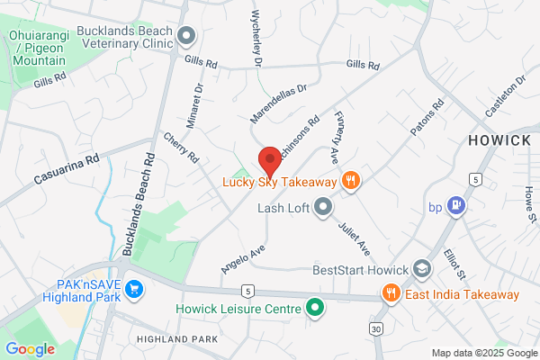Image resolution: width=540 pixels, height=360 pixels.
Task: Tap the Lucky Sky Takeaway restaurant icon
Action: coord(352,181)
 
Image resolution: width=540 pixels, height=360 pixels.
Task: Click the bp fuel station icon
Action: coord(456,205)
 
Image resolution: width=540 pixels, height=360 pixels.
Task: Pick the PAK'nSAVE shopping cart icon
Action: coord(135,289)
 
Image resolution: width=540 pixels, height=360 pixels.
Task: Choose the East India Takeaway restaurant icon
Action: coord(391,293)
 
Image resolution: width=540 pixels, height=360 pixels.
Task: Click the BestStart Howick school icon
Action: coord(421,269)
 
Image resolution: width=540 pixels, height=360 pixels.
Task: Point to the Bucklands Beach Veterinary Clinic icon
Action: coord(187,37)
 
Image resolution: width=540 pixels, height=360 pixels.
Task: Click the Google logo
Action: coord(30,349)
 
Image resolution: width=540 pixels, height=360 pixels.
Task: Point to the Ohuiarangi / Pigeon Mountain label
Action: coord(38,47)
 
